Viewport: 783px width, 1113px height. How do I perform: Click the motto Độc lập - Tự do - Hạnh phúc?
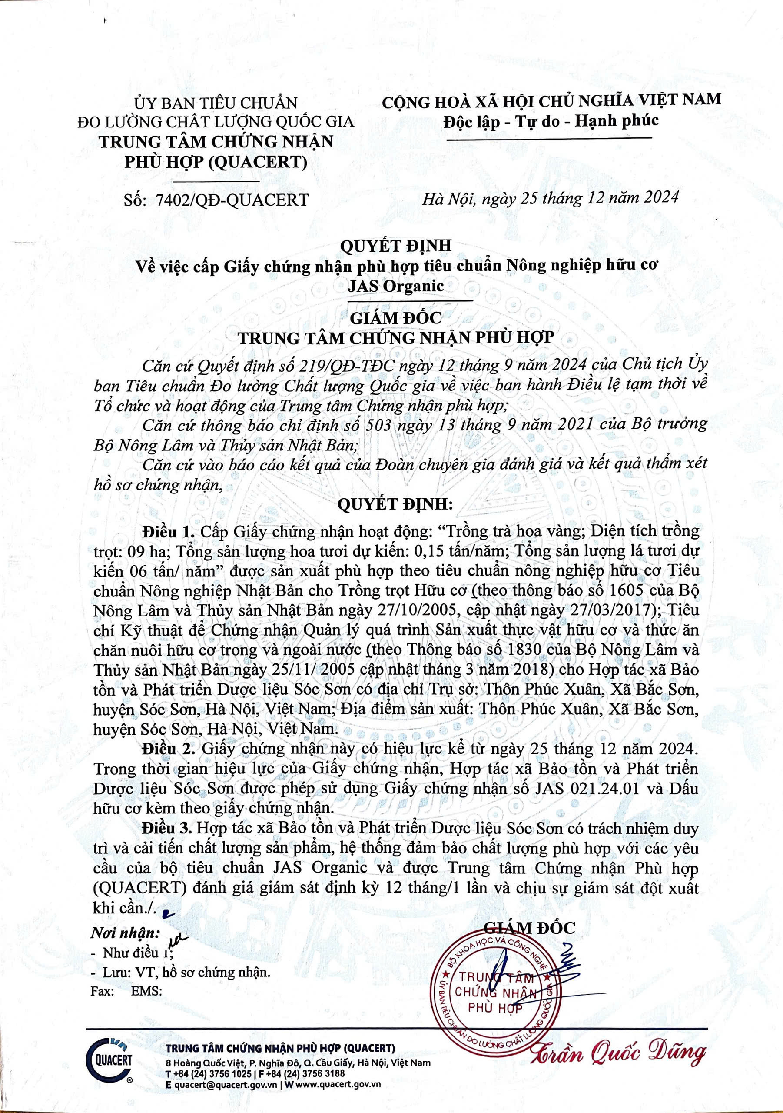click(x=551, y=121)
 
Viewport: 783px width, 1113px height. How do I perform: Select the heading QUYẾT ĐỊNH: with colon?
click(x=395, y=505)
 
